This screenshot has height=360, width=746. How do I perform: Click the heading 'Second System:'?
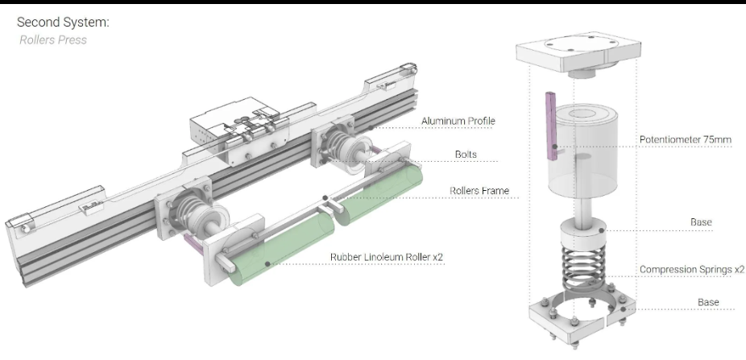pos(63,22)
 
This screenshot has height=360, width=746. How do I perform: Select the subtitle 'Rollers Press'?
pos(53,39)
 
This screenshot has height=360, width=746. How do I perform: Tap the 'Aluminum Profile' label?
pos(458,122)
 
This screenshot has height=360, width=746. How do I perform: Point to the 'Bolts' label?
pos(466,154)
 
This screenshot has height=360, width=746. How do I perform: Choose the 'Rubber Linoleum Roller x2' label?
pos(387,258)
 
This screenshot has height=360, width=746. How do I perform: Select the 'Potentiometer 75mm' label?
pos(686,139)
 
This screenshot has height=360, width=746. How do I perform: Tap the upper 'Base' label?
pos(700,222)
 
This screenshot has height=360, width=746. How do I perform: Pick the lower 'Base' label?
pos(708,302)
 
